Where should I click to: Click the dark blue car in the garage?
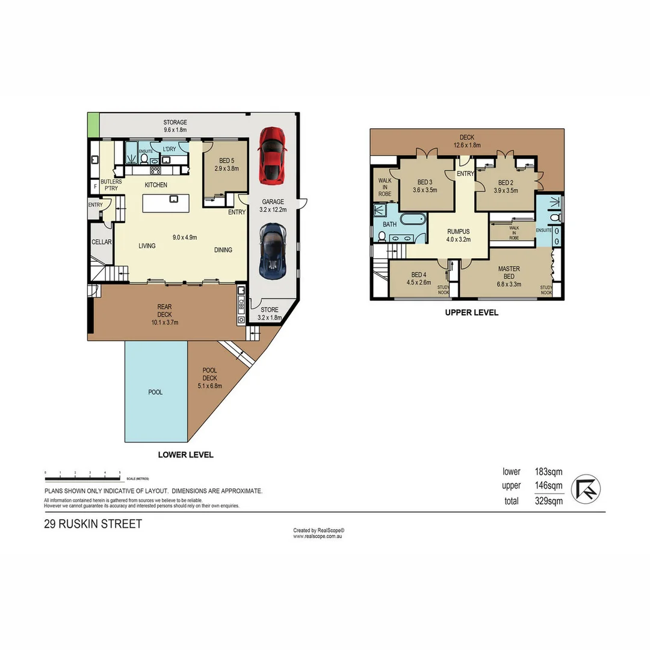272,250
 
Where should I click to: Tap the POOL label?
155,392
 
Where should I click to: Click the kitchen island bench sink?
173,199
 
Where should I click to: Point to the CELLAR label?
101,242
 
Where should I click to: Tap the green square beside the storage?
93,125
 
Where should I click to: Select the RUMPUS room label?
458,231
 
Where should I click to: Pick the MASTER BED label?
509,273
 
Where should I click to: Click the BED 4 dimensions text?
419,282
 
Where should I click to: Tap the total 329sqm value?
548,501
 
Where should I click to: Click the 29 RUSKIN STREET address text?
93,524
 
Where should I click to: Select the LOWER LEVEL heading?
185,455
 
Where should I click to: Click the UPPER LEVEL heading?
471,313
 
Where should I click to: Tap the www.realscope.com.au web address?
318,536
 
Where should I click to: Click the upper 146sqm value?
548,486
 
